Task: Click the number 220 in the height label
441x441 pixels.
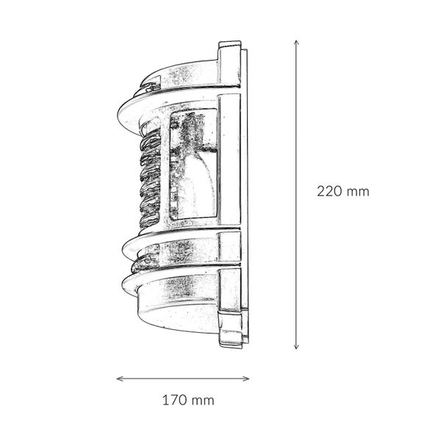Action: click(329, 192)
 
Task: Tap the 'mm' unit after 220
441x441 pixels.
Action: click(358, 192)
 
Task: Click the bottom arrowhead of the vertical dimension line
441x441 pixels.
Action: click(296, 347)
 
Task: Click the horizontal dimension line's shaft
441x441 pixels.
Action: click(184, 379)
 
